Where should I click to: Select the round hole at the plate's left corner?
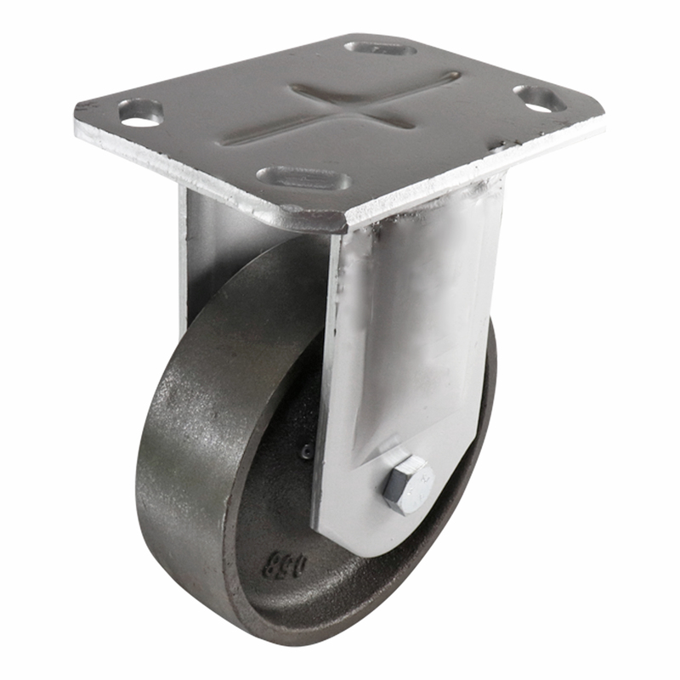tap(139, 113)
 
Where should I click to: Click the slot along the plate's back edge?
tap(380, 48)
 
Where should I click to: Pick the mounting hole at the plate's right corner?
tap(539, 99)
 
